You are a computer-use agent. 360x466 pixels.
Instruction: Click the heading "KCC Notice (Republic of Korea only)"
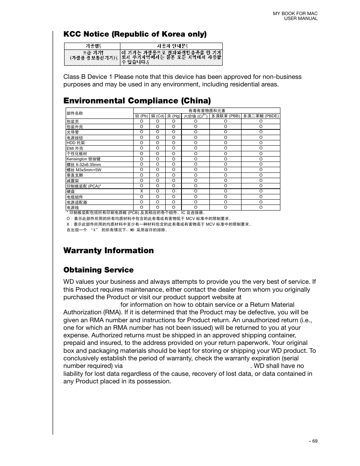(135, 34)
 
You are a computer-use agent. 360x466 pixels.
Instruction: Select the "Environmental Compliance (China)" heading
(137, 100)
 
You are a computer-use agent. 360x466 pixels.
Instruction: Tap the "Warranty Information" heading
(108, 251)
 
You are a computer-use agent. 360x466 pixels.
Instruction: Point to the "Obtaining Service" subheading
(98, 270)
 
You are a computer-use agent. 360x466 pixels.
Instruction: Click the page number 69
(313, 441)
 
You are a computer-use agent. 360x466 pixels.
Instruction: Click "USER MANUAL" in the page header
(301, 18)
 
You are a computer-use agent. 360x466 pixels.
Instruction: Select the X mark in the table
(142, 191)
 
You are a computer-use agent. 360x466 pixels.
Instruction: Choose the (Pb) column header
(142, 116)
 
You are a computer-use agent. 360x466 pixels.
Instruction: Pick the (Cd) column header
(157, 116)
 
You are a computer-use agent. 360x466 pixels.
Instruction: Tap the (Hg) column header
(174, 116)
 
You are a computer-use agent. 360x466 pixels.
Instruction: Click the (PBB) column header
(225, 116)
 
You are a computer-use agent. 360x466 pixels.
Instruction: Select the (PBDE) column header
(261, 116)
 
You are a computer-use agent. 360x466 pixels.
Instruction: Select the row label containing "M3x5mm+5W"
(84, 170)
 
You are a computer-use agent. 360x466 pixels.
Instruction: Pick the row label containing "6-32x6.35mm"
(84, 165)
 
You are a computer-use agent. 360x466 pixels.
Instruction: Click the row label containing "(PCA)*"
(84, 186)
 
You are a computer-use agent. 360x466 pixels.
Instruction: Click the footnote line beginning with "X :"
(158, 224)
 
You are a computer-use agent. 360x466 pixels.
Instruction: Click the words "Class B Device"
(80, 77)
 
